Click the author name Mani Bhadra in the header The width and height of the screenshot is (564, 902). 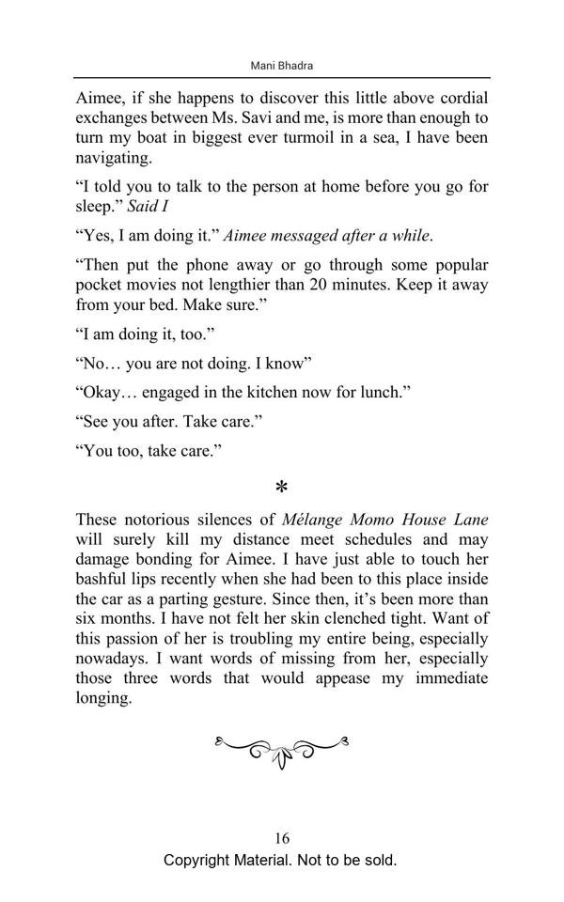coord(282,66)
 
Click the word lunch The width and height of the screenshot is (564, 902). coord(384,391)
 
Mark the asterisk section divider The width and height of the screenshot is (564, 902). coord(282,488)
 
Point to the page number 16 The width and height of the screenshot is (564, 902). coord(282,839)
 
